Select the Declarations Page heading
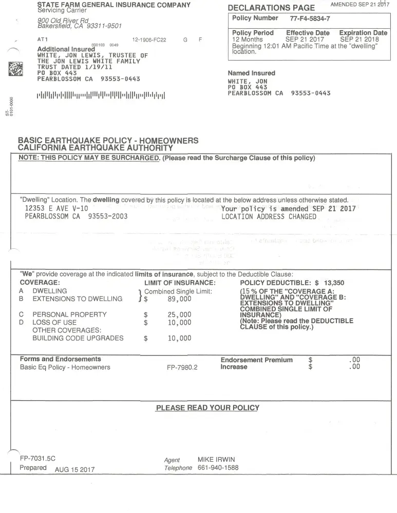pos(271,8)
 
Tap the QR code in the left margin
pos(16,69)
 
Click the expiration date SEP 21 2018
pos(360,40)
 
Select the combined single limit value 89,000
pos(179,299)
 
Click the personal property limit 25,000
pos(179,314)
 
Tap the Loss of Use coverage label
pos(54,323)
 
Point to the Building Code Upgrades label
pos(78,338)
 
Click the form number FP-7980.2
pos(182,367)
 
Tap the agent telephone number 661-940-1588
pos(218,468)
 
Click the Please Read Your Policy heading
pos(207,408)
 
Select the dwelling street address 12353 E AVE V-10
pos(56,209)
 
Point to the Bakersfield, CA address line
pos(80,26)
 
